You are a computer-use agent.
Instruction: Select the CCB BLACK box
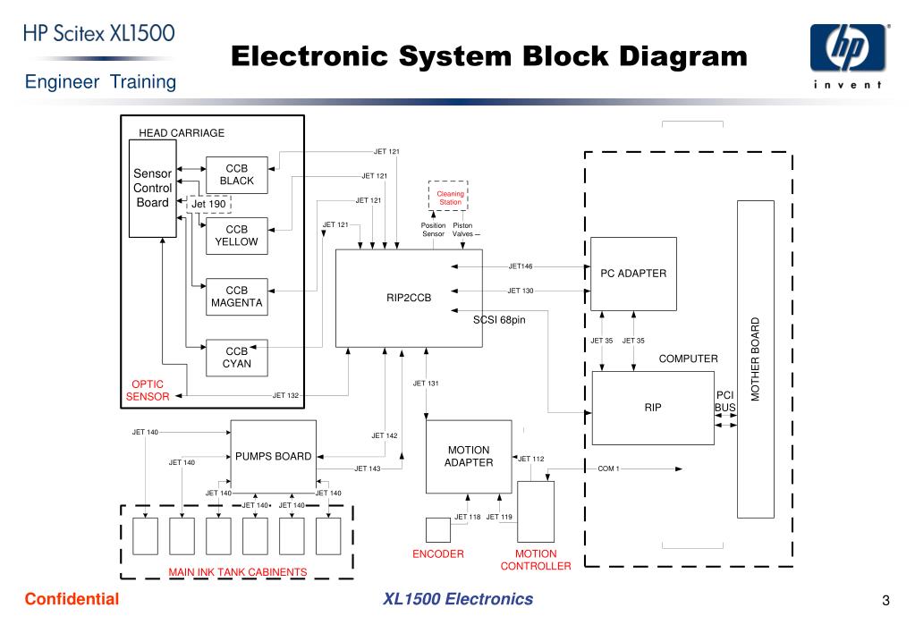[237, 175]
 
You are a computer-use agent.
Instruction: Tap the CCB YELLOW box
[237, 236]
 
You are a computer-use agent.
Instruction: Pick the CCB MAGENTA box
[237, 297]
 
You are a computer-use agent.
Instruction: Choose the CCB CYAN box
[237, 358]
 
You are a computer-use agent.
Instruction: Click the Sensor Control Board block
[152, 189]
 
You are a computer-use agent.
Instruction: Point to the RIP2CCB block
[409, 298]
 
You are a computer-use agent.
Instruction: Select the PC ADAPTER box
[634, 274]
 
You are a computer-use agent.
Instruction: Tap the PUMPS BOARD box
[274, 456]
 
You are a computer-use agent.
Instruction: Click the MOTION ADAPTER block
[470, 457]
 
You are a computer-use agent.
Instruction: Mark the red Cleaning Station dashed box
[448, 196]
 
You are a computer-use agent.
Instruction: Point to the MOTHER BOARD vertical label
[756, 359]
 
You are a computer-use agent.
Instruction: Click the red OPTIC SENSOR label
[148, 391]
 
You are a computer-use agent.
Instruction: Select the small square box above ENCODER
[438, 530]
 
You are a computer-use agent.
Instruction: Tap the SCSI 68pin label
[499, 320]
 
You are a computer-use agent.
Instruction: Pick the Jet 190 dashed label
[209, 204]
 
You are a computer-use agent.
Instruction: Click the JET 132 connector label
[286, 395]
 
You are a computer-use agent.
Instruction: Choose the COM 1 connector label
[608, 468]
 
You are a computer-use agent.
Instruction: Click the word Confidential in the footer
[72, 599]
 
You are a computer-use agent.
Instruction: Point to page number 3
[885, 600]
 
